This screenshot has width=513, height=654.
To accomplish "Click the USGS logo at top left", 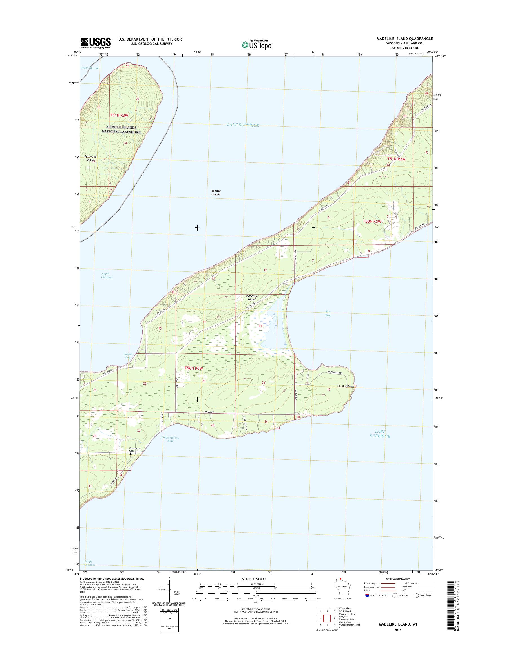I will click(x=96, y=43).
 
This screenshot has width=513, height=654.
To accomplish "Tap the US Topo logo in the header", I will click(x=256, y=45).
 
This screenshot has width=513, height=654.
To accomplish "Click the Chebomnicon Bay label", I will click(x=170, y=439).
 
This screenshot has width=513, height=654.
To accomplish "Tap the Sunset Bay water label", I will click(x=128, y=356).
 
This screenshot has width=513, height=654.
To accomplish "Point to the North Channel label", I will click(x=106, y=275).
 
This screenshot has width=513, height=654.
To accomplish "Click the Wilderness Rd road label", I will click(x=334, y=372).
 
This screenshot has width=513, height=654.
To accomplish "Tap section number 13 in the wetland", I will click(x=260, y=326).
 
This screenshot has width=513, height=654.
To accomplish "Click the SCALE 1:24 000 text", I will click(x=253, y=579).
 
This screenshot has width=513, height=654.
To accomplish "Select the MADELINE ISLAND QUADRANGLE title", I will click(x=404, y=39).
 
